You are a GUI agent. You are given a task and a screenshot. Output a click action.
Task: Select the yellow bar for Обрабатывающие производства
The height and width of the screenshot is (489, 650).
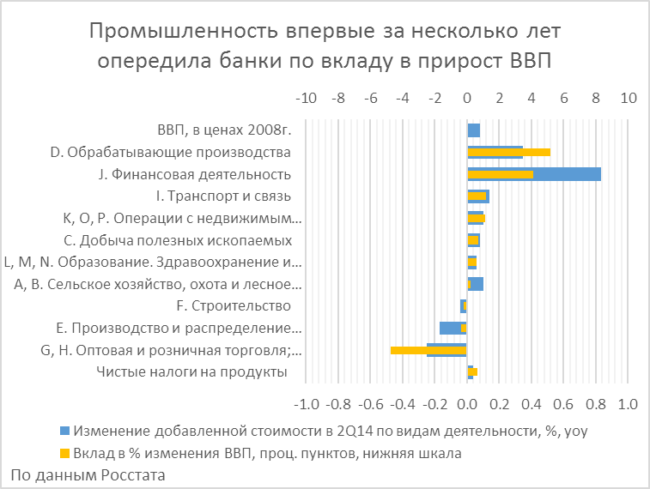click(508, 152)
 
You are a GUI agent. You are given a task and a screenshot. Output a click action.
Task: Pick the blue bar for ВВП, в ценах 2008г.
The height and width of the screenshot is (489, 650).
click(473, 130)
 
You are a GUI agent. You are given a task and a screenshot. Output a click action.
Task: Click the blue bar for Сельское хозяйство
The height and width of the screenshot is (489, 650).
click(477, 284)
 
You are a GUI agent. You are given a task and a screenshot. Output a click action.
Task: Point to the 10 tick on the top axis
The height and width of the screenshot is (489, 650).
click(629, 98)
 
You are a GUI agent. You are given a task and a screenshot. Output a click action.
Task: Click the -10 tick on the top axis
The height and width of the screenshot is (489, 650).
click(307, 98)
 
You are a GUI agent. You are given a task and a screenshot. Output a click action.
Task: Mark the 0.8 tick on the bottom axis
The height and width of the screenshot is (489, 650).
click(594, 402)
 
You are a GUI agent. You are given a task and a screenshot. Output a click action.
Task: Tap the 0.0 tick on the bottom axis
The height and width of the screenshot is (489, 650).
click(467, 402)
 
